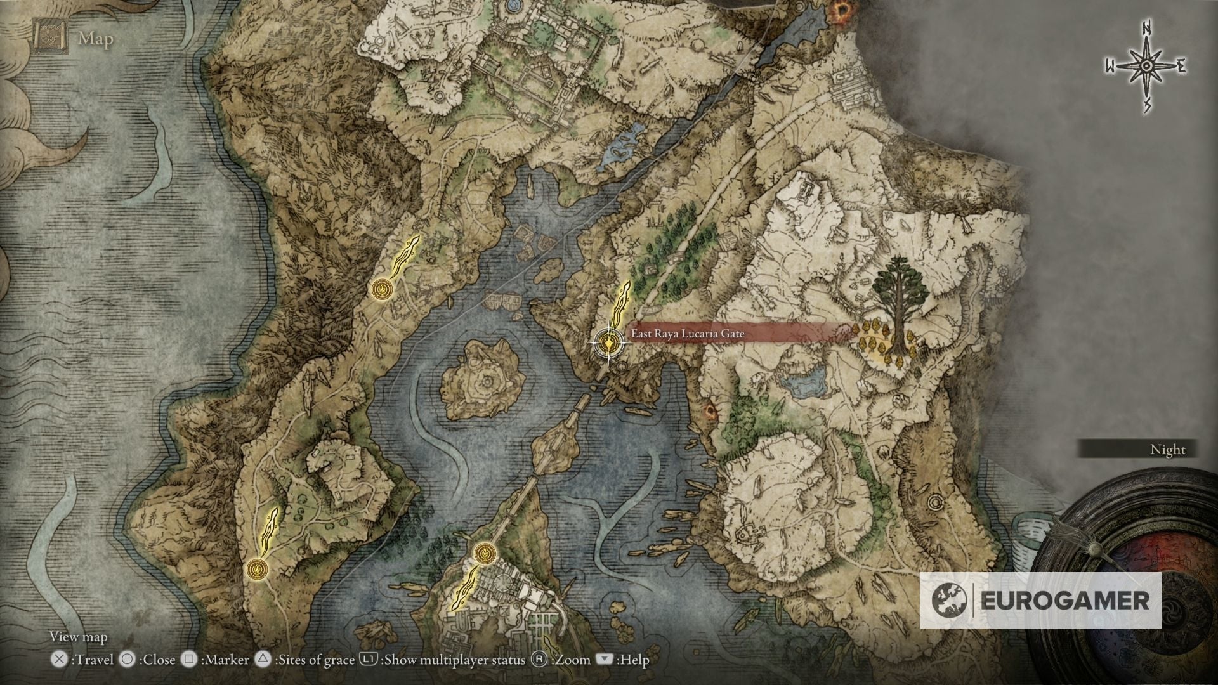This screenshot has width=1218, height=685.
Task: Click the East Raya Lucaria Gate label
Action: (688, 334)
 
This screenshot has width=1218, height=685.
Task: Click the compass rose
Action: (1146, 67)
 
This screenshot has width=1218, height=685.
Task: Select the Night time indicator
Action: (1167, 450)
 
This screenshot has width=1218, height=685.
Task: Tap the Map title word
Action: (96, 39)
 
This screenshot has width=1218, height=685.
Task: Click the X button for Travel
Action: (59, 660)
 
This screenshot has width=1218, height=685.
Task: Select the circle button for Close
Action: (128, 660)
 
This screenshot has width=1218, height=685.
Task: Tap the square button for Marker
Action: (188, 660)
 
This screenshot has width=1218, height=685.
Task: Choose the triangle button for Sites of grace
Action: (263, 660)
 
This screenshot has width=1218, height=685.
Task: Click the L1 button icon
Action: (369, 660)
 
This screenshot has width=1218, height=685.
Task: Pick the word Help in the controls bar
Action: (634, 660)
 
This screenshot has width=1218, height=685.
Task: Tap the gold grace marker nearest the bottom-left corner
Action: (258, 569)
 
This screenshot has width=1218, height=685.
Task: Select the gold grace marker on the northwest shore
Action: (382, 289)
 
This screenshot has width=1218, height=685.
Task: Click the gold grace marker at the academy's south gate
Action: (484, 553)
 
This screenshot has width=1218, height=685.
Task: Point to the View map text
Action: (79, 637)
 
